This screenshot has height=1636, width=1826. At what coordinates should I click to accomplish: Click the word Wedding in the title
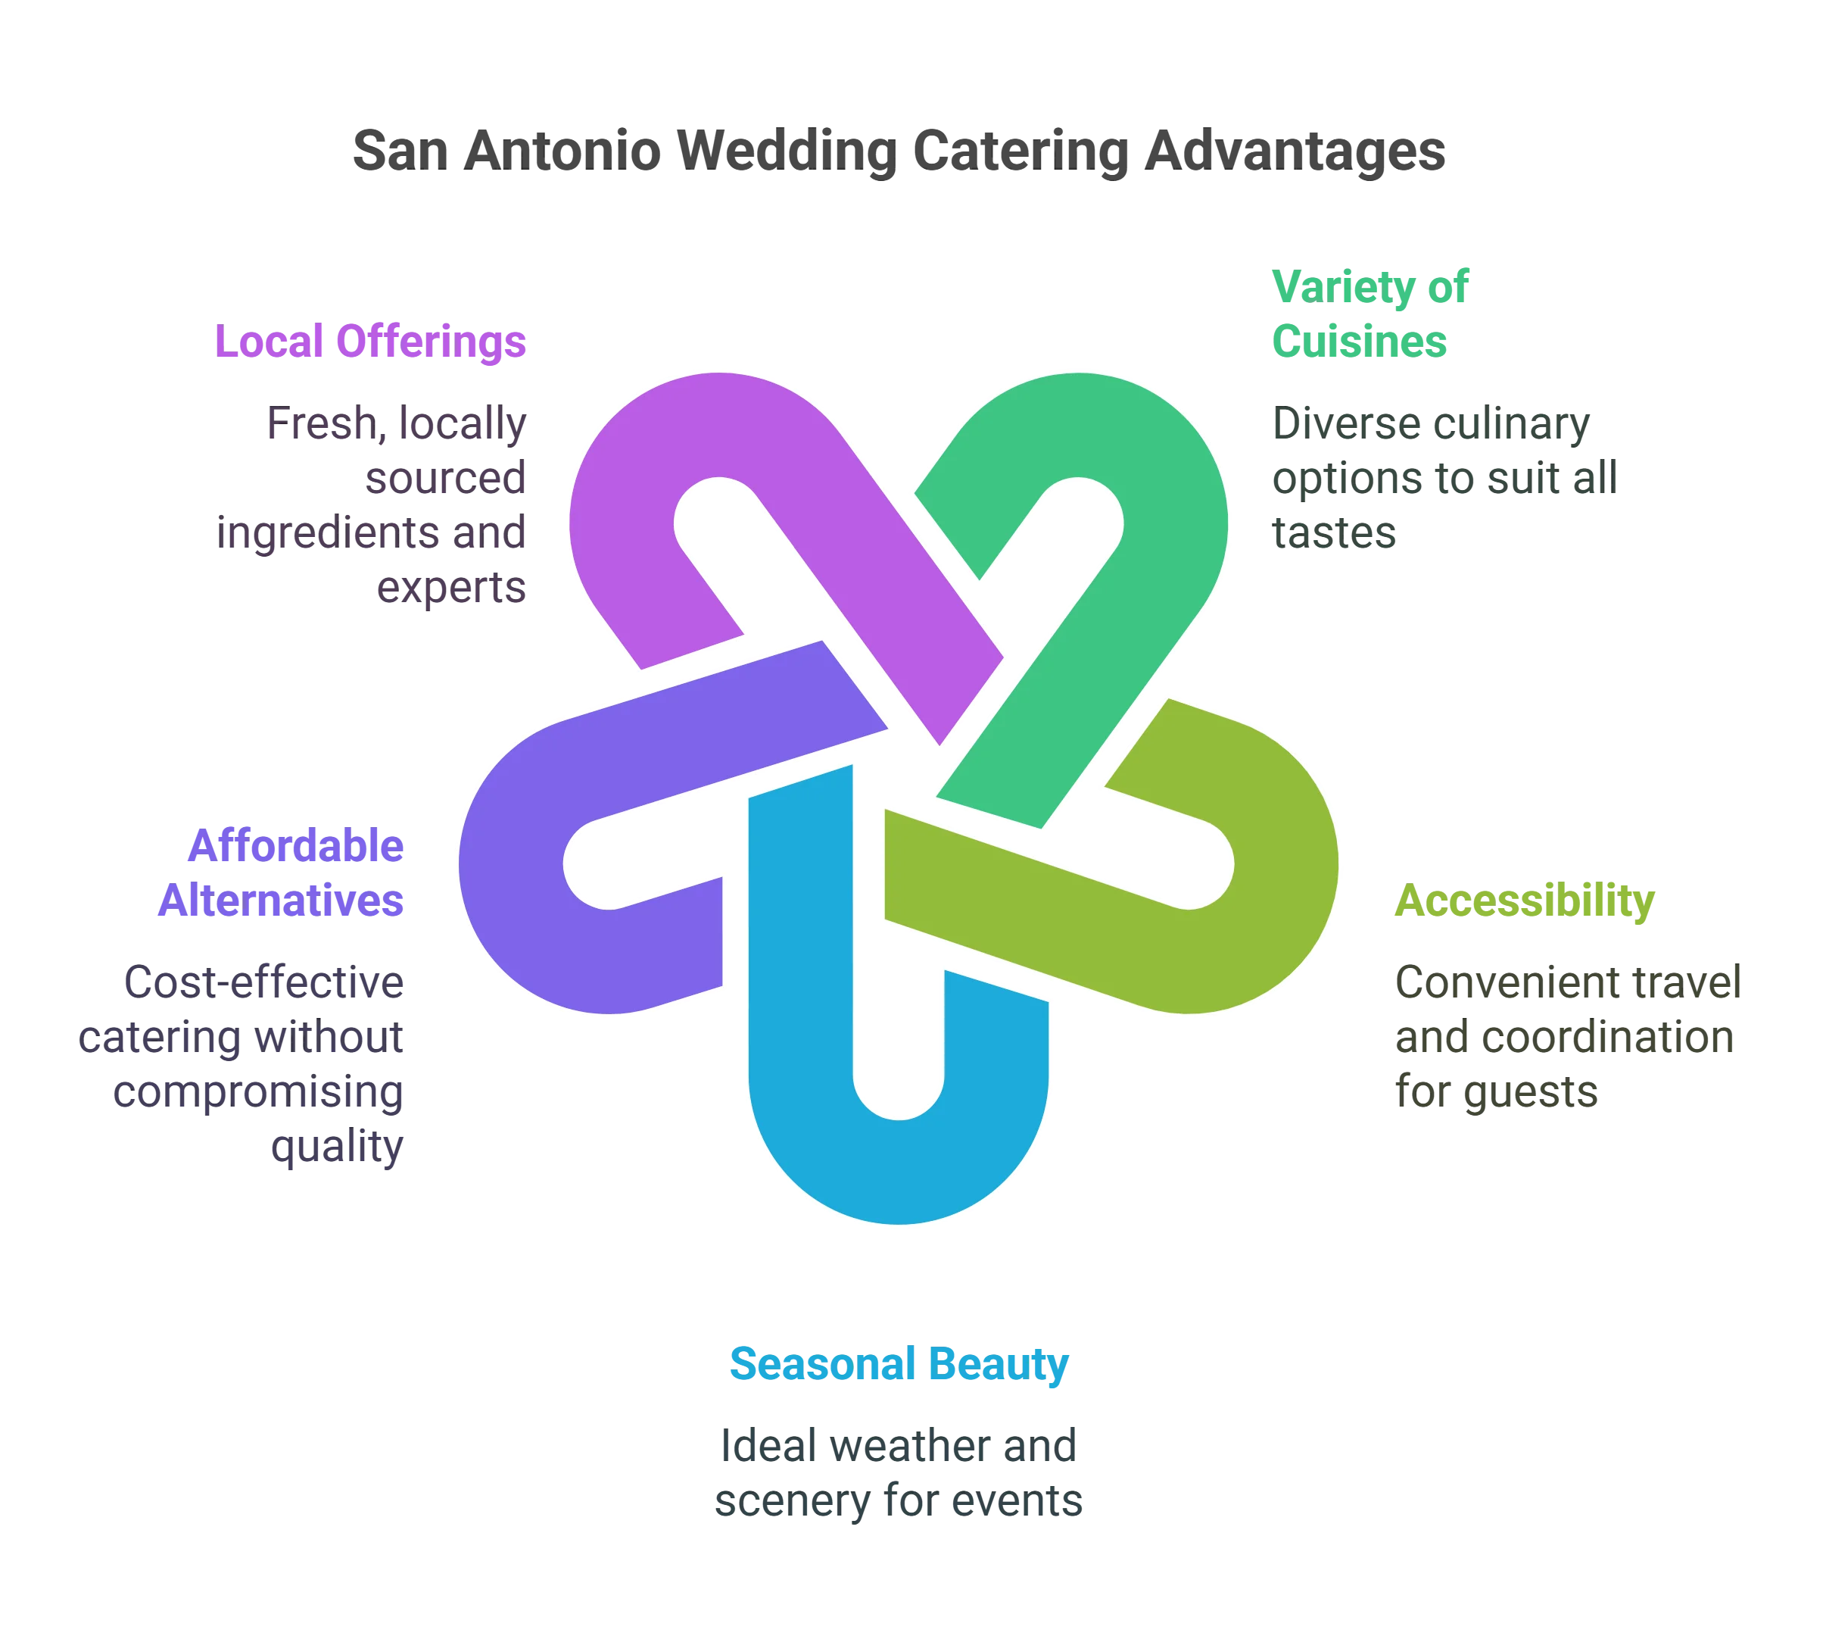pos(785,151)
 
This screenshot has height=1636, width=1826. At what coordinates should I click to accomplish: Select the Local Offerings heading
pos(369,341)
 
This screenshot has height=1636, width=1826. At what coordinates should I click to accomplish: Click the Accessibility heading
pos(1524,901)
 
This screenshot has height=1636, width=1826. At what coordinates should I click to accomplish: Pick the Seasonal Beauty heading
pos(899,1365)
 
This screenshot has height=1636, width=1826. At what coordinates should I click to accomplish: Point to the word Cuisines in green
pos(1359,341)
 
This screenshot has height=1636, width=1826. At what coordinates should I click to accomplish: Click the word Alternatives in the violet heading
pos(282,901)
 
